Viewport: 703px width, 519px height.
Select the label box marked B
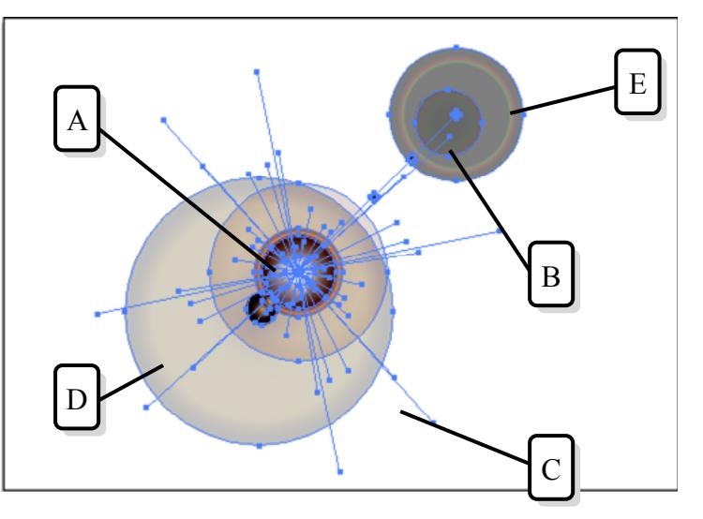tap(552, 277)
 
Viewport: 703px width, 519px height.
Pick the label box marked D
tap(75, 400)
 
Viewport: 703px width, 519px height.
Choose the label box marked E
tap(638, 85)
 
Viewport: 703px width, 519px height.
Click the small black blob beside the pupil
tap(259, 307)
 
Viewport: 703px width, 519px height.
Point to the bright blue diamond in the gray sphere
tap(456, 113)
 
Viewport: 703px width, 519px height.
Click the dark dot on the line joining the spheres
tap(373, 197)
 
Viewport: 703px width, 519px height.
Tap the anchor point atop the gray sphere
tap(456, 45)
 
